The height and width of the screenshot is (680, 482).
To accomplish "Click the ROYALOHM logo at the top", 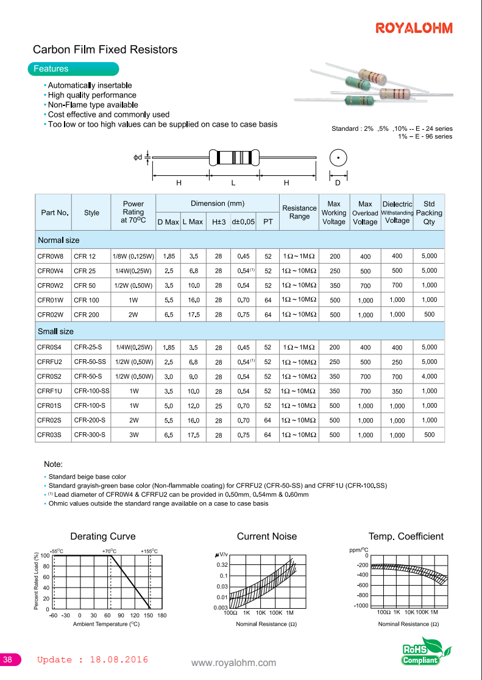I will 414,29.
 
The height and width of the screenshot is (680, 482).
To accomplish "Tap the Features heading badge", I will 51,69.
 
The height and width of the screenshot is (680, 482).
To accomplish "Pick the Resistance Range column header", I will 299,212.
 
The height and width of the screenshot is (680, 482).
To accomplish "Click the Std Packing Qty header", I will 429,213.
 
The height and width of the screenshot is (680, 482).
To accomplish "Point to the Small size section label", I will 55,331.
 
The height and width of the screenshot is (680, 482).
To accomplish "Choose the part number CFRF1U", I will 49,391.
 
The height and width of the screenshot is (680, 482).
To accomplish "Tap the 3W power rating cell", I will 133,435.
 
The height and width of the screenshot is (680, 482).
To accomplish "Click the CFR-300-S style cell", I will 90,435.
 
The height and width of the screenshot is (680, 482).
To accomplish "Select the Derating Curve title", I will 102,536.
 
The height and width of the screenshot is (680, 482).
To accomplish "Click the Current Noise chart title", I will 267,536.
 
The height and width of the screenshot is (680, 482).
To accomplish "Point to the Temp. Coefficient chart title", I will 406,536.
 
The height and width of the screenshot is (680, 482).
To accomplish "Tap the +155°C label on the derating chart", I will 149,551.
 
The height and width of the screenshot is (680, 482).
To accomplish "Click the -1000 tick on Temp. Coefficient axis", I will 361,606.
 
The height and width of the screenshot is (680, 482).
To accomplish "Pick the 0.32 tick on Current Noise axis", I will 221,565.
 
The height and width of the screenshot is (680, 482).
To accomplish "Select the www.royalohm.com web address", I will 233,663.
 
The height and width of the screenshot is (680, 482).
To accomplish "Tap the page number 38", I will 9,660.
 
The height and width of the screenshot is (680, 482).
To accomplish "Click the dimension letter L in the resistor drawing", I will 233,183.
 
